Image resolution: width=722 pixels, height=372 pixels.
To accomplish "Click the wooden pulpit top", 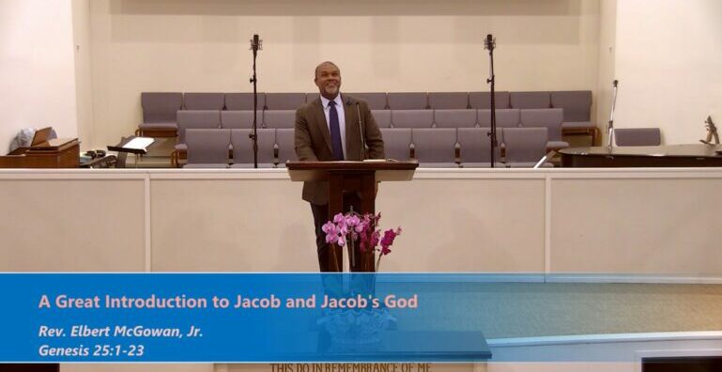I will pyautogui.click(x=352, y=166).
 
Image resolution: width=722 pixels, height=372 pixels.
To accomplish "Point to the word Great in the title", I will pyautogui.click(x=76, y=302).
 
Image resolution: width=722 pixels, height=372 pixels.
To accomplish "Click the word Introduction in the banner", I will pyautogui.click(x=150, y=302).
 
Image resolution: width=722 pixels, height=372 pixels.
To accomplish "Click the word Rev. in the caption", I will pyautogui.click(x=52, y=332).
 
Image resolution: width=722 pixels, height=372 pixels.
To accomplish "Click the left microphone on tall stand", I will pyautogui.click(x=254, y=43).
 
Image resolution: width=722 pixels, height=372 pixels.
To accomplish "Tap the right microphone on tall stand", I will pyautogui.click(x=489, y=42).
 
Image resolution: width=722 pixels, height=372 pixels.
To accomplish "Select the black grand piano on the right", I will pyautogui.click(x=638, y=155).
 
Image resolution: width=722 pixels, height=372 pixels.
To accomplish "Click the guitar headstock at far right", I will pyautogui.click(x=712, y=131).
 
